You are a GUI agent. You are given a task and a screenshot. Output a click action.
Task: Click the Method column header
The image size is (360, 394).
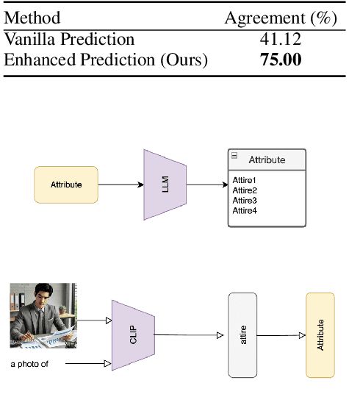(32, 18)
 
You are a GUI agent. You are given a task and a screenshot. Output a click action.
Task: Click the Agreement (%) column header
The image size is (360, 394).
(280, 18)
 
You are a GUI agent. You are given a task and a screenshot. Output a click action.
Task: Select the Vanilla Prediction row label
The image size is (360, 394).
(69, 40)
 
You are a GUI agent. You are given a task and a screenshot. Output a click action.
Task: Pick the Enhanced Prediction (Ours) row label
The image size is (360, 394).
(106, 60)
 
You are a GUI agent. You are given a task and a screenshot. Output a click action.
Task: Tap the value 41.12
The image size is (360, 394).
(281, 40)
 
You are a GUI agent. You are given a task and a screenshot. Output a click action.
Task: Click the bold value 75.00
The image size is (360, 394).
(281, 60)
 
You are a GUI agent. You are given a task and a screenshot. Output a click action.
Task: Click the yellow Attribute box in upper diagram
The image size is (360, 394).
(66, 185)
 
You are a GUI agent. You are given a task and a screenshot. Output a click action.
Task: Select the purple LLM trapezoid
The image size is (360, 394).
(165, 185)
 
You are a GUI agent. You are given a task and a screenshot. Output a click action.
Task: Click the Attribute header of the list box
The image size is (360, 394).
(266, 160)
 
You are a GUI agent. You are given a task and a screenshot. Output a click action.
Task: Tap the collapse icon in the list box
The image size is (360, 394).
(234, 156)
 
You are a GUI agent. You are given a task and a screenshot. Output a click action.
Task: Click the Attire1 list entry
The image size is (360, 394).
(245, 180)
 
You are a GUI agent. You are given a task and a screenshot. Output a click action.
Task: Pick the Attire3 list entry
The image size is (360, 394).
(245, 201)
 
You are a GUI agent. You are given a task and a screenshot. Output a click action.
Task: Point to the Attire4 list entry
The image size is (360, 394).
(245, 211)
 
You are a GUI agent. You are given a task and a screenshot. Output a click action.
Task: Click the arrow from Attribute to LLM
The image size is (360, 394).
(120, 185)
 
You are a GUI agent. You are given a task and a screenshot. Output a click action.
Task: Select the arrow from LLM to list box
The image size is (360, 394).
(207, 185)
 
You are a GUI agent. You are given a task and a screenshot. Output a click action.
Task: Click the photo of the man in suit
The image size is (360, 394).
(43, 315)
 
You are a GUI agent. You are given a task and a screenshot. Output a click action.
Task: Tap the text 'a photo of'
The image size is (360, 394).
(29, 364)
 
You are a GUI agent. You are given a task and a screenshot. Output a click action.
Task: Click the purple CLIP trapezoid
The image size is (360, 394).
(133, 335)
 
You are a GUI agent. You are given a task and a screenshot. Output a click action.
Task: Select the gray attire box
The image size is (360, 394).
(242, 335)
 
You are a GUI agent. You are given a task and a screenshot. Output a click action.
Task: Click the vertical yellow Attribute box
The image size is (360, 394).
(320, 335)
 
